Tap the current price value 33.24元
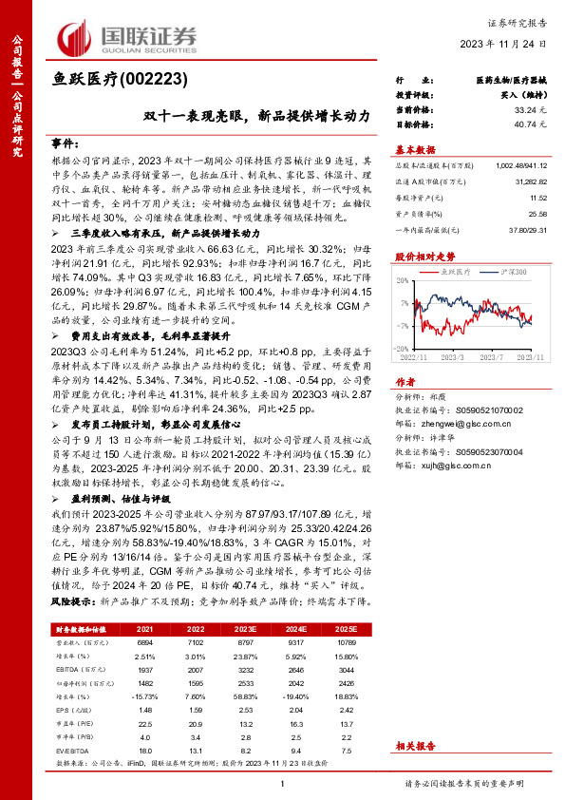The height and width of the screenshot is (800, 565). click(536, 110)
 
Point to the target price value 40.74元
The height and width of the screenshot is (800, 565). click(536, 124)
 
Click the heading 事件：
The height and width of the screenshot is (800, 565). click(65, 143)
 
